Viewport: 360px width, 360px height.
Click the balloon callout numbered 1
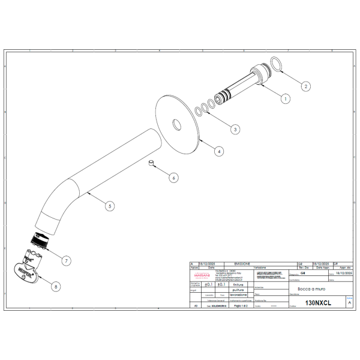(286, 98)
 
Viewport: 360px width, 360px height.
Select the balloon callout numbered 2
(305, 86)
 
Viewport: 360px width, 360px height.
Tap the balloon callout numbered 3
(235, 129)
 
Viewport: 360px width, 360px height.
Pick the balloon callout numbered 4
(219, 152)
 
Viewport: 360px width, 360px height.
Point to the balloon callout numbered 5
(109, 206)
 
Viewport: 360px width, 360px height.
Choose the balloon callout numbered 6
(173, 178)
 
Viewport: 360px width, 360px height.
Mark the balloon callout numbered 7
(66, 260)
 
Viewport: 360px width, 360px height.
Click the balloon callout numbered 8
(56, 287)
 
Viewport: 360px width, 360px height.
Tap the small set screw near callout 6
(152, 163)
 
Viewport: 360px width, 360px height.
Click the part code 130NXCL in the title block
(318, 304)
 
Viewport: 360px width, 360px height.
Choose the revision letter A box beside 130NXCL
(349, 304)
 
